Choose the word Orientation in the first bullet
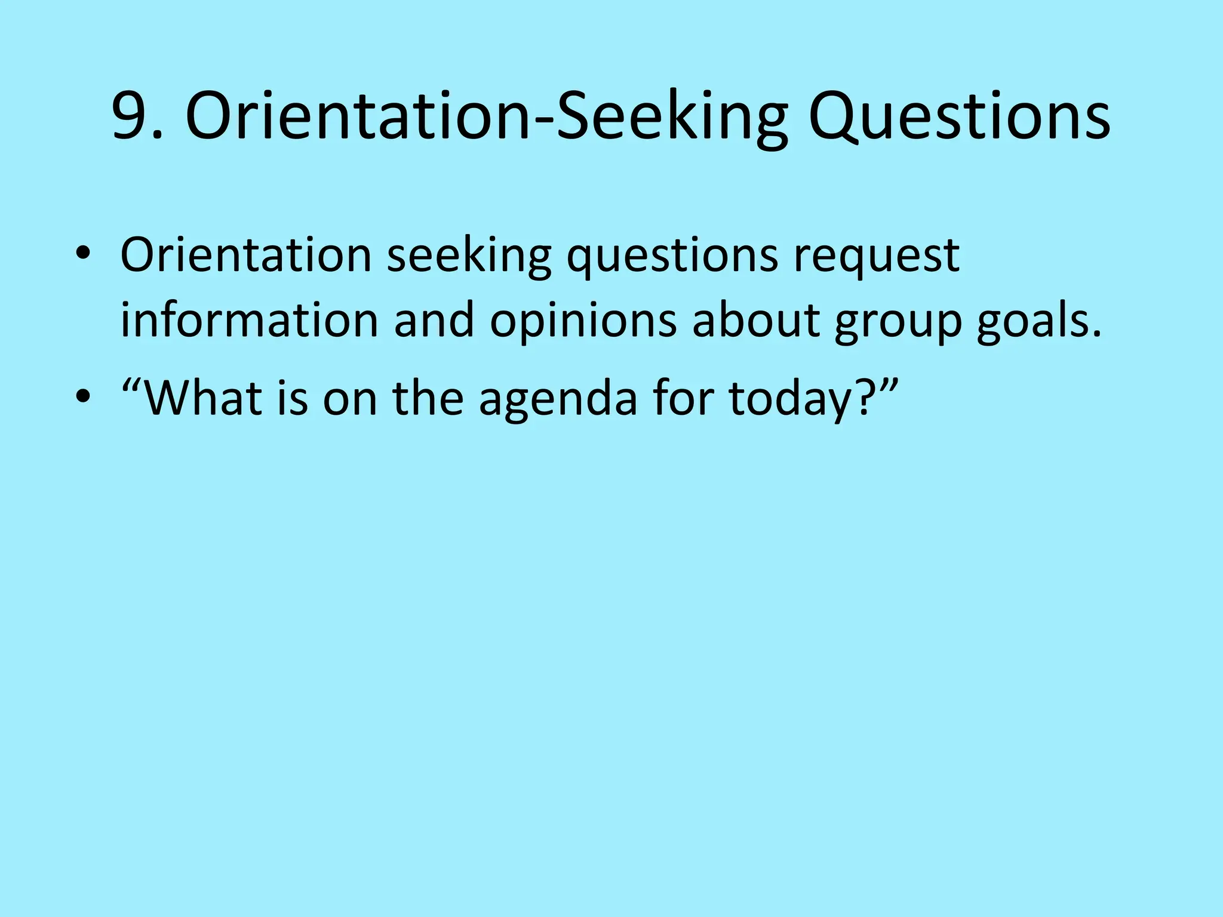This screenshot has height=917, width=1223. (x=247, y=256)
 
